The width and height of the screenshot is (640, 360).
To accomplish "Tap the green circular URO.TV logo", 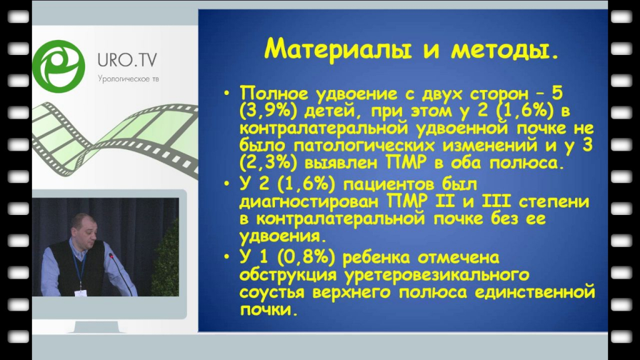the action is [x=59, y=66].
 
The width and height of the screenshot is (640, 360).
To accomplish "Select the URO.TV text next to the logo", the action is [x=127, y=60].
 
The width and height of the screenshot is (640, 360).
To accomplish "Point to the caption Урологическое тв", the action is [x=128, y=79].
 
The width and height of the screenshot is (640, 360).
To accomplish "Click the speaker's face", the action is [x=84, y=231].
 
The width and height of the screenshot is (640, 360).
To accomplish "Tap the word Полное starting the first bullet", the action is [x=274, y=94].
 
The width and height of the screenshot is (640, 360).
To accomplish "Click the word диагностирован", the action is [x=309, y=202].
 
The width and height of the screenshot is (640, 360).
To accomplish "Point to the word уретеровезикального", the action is [x=437, y=276].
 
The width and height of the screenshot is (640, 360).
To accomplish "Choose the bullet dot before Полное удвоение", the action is [x=227, y=94].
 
